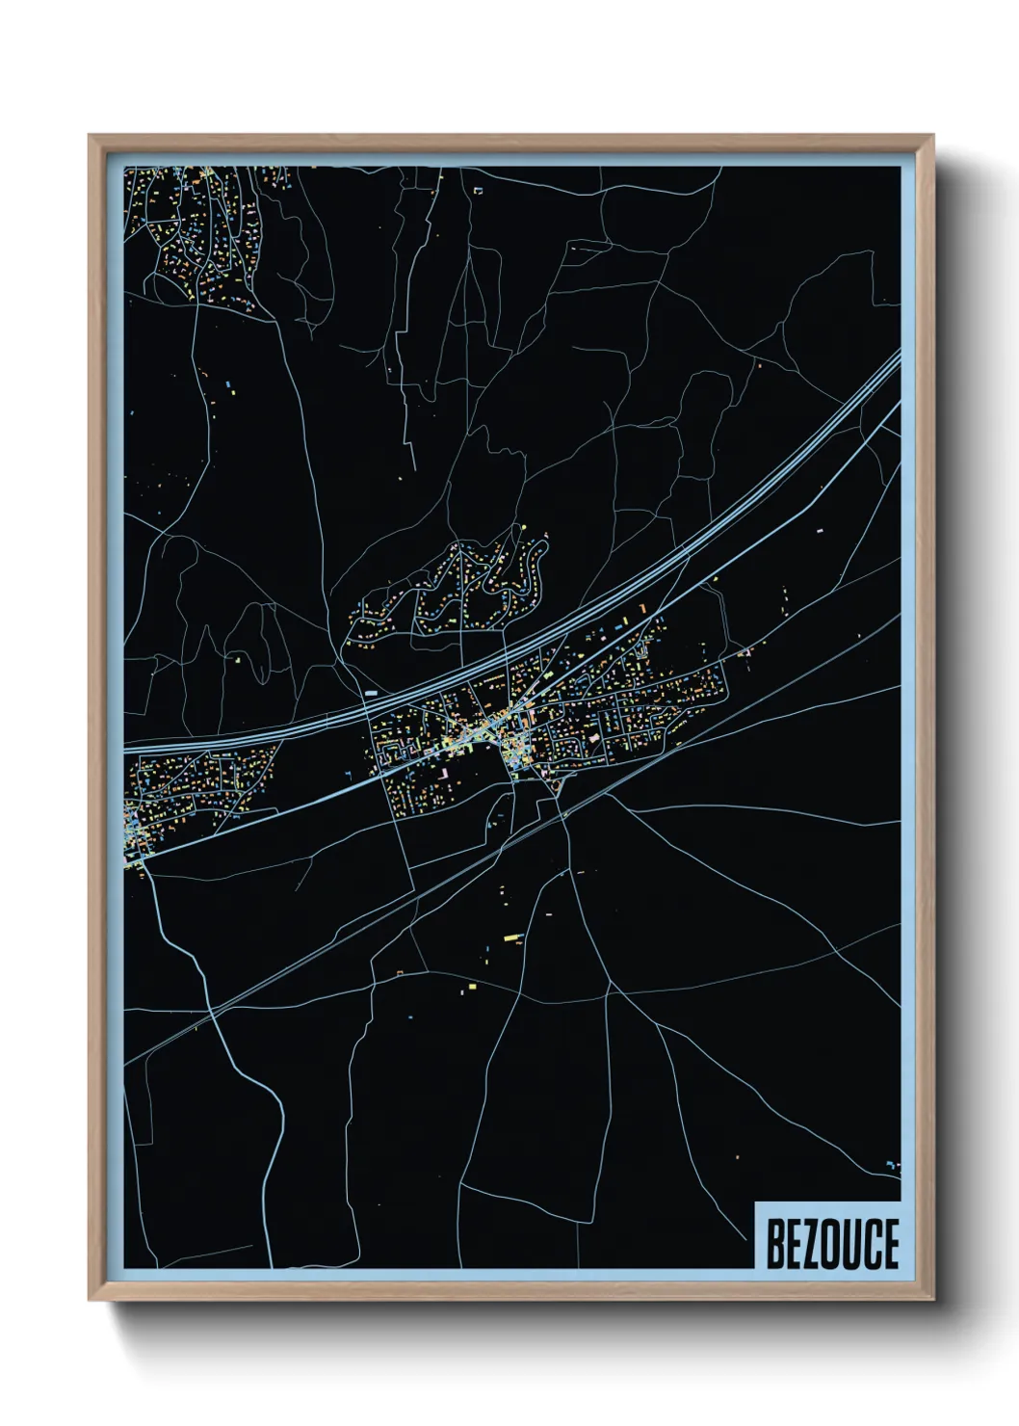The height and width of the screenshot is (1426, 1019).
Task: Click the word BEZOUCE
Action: [x=831, y=1243]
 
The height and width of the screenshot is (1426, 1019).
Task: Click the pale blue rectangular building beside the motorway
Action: [x=371, y=692]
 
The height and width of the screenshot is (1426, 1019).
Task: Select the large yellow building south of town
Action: [x=511, y=936]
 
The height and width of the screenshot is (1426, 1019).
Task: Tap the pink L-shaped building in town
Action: [x=445, y=773]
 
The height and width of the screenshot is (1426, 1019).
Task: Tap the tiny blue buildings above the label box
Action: [x=891, y=1167]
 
